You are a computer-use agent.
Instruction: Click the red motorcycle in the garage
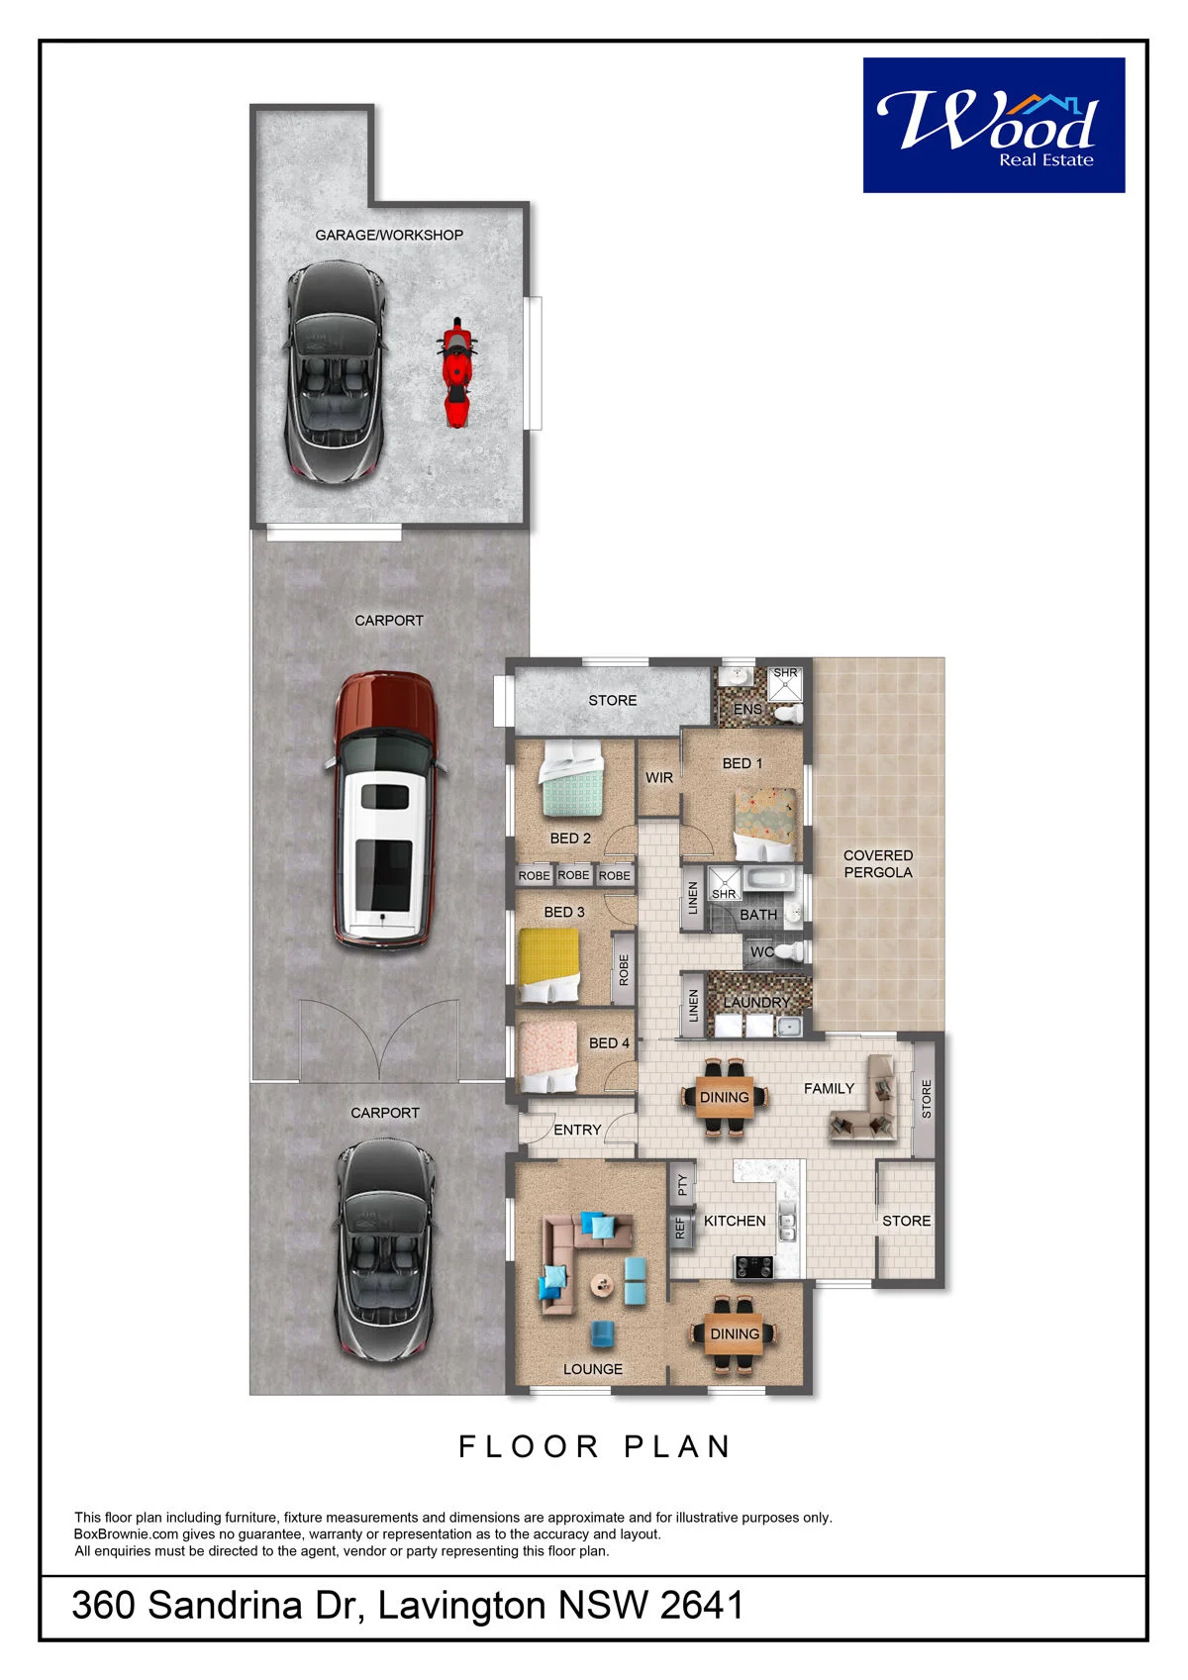click(456, 372)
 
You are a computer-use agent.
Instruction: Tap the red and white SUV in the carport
click(385, 809)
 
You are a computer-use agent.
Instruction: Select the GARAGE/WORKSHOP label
click(388, 235)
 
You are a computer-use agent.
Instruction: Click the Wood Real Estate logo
click(993, 125)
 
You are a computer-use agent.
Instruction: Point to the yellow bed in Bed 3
click(549, 964)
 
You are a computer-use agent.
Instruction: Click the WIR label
click(659, 778)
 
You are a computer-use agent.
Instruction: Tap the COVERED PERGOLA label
click(877, 863)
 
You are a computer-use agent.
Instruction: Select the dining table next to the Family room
click(725, 1098)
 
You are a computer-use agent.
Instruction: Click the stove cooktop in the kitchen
click(753, 1267)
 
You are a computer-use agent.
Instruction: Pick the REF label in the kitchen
click(680, 1228)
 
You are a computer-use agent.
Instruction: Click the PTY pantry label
click(682, 1185)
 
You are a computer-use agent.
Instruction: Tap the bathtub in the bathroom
click(769, 879)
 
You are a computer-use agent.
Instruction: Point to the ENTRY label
click(577, 1130)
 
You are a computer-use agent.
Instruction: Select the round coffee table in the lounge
click(601, 1285)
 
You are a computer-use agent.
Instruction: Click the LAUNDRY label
click(756, 1002)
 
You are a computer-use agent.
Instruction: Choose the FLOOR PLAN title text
click(594, 1446)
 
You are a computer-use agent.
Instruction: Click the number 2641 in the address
click(701, 1605)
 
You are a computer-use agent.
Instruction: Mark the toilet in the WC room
click(789, 951)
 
